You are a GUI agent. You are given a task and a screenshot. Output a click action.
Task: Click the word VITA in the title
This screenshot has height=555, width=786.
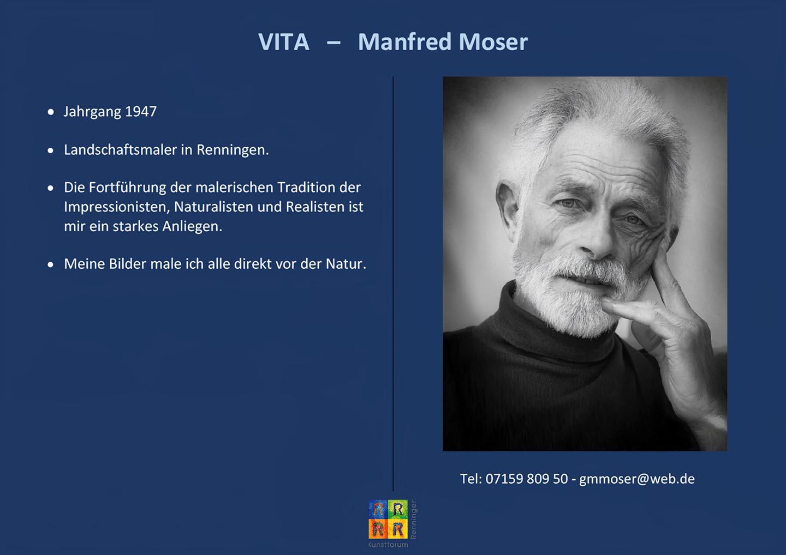(x=283, y=42)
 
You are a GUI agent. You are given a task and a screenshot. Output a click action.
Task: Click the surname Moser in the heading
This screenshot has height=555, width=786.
(x=493, y=42)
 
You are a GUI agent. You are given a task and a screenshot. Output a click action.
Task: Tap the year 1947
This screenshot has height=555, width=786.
(x=141, y=111)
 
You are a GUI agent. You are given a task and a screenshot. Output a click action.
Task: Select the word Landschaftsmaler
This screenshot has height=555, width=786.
(x=120, y=150)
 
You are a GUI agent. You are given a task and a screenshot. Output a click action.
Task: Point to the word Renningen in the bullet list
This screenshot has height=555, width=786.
(x=233, y=150)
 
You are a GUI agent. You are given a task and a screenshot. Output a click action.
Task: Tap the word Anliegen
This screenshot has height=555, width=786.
(x=192, y=227)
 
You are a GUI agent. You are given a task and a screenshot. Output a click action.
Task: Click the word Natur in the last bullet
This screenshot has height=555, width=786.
(x=346, y=264)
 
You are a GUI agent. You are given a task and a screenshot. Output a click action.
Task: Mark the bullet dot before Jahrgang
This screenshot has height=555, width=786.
(x=51, y=112)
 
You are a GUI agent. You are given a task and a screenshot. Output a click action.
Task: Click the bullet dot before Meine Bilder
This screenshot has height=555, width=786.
(x=51, y=265)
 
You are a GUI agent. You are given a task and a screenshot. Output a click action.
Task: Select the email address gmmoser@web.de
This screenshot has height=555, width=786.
(x=637, y=479)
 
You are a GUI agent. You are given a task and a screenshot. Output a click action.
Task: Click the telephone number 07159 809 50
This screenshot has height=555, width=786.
(x=526, y=479)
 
